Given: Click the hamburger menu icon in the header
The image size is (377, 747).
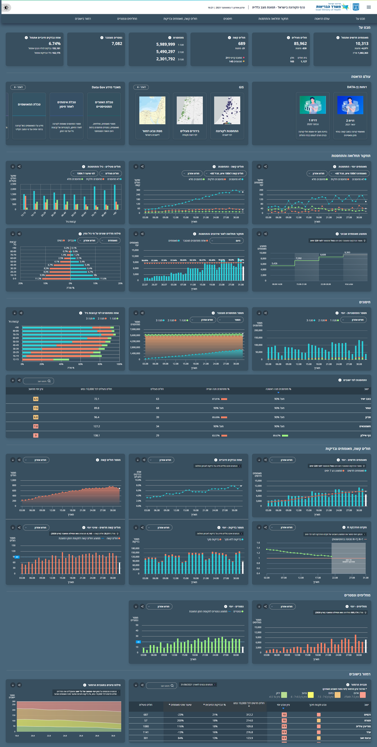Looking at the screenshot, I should [x=369, y=7].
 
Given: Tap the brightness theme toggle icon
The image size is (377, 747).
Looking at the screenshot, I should [x=6, y=8].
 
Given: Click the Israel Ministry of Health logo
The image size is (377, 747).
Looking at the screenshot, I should [x=337, y=7].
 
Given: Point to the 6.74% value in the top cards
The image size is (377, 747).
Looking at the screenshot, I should [x=54, y=43].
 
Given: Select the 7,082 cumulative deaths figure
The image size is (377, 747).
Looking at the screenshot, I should [x=117, y=43].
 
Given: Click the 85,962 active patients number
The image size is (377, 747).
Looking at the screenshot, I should [x=300, y=43].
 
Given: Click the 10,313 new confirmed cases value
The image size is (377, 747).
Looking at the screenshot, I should [x=362, y=43].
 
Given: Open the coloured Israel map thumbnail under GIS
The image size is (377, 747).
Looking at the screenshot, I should [x=152, y=110].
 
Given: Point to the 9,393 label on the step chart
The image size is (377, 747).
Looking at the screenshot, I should [x=347, y=253].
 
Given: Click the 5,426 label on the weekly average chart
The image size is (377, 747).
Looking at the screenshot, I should [x=274, y=264].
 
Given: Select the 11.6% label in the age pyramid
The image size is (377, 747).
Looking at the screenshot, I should [x=103, y=279].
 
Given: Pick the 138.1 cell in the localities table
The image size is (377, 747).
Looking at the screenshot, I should [x=96, y=436].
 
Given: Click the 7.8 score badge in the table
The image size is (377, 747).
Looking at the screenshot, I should [x=36, y=426].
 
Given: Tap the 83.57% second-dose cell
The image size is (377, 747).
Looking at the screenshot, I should [x=216, y=436].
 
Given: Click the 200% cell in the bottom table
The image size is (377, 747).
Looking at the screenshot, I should [x=180, y=721].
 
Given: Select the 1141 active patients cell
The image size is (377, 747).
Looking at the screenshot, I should [x=145, y=732].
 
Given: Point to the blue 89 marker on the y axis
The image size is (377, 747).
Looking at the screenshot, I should [x=17, y=557].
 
